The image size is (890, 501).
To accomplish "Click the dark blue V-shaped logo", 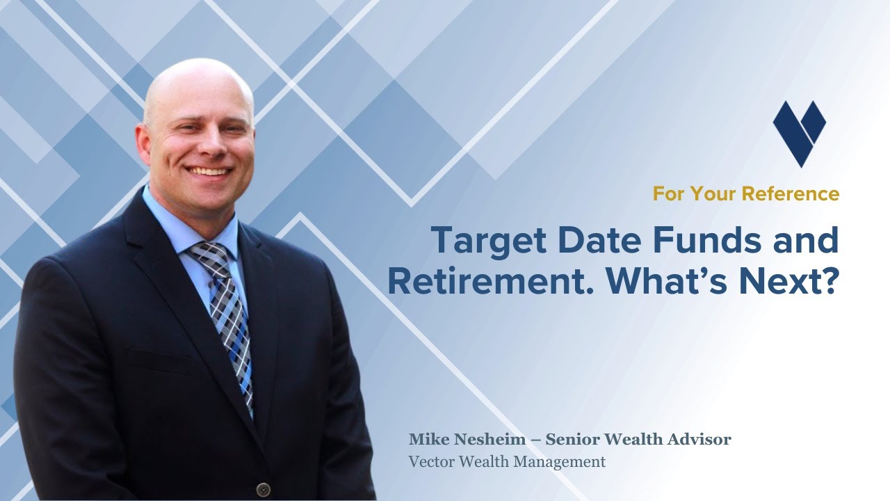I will point(799,132).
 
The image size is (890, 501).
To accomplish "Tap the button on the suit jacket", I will point(262,490).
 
